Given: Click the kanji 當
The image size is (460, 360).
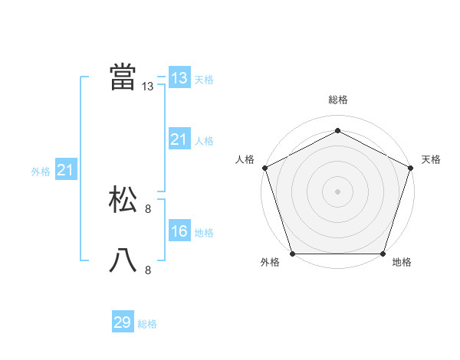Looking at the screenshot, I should (123, 77).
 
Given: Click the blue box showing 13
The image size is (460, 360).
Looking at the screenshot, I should (179, 78).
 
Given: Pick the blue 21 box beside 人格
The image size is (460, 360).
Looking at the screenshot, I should (179, 139).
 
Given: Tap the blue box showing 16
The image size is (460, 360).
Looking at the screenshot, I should (179, 231).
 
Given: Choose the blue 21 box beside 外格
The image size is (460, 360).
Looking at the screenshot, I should (65, 170).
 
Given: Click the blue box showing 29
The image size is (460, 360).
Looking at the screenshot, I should (123, 322).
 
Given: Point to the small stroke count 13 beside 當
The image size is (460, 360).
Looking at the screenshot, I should (148, 87).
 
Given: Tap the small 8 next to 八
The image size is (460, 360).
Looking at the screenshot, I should (148, 270).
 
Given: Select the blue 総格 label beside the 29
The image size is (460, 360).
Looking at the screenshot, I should (147, 324).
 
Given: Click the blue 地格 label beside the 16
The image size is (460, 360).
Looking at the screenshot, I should (204, 233).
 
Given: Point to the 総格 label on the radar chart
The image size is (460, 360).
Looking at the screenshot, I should (337, 100).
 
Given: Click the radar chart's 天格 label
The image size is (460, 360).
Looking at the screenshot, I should (431, 159).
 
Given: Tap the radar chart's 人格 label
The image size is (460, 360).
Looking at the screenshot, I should (245, 159).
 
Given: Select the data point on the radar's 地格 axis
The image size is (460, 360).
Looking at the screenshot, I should (383, 254).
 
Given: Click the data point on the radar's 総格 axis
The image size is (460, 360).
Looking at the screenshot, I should (337, 130).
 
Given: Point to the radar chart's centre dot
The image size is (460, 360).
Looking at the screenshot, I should (337, 191).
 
